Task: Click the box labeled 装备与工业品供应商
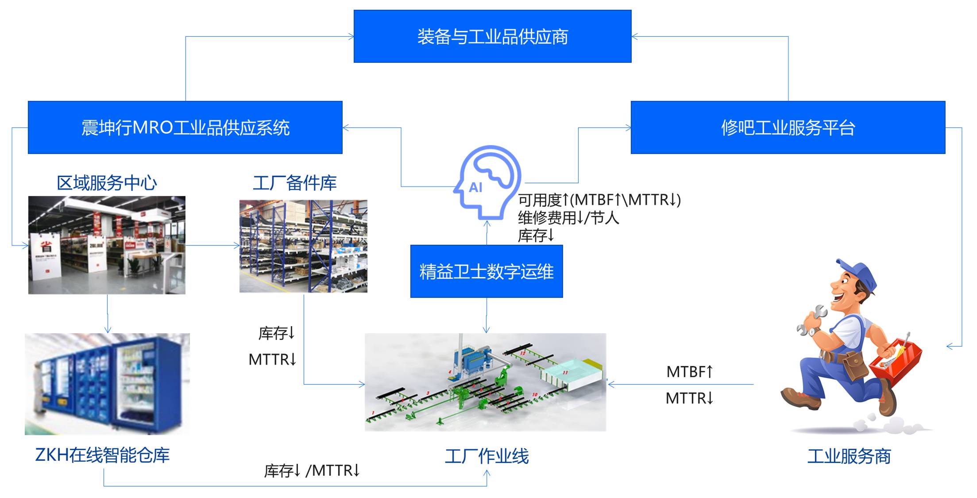coord(492,36)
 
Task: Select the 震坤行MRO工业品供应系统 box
coord(185,127)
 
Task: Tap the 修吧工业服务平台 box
coord(788,127)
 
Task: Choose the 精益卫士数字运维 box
coord(486,271)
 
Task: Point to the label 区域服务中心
coord(107,183)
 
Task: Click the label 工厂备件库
coord(294,183)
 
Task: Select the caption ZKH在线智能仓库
coord(102,455)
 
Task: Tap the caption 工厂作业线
coord(487,456)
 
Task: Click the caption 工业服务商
coord(849,456)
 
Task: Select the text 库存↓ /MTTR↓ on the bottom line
coord(312,471)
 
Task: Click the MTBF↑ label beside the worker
coord(689,372)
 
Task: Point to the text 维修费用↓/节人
coord(568,218)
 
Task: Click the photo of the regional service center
coord(107,245)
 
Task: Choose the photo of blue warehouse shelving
coord(303,246)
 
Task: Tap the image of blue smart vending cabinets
coord(107,384)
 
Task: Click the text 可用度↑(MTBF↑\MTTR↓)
coord(599,200)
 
